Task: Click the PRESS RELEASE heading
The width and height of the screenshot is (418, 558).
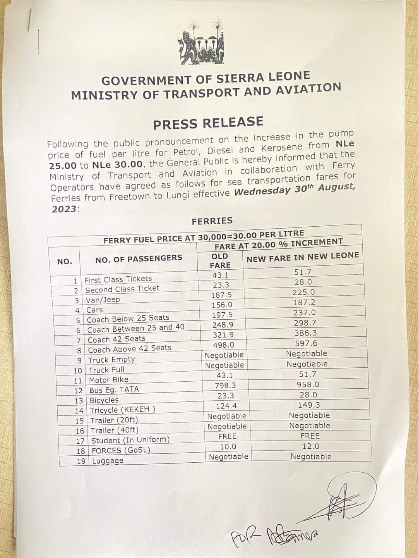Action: pyautogui.click(x=208, y=123)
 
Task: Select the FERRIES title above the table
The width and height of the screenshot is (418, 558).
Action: pyautogui.click(x=212, y=221)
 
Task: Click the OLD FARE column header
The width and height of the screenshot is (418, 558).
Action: pyautogui.click(x=220, y=261)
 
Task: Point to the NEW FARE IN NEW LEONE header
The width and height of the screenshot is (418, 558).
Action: pyautogui.click(x=303, y=257)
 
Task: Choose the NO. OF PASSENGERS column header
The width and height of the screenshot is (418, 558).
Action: pyautogui.click(x=139, y=258)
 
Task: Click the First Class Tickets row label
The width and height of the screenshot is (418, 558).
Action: pyautogui.click(x=118, y=279)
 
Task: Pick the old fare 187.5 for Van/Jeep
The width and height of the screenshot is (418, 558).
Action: pyautogui.click(x=222, y=295)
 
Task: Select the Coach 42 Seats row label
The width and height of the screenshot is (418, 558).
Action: pyautogui.click(x=116, y=339)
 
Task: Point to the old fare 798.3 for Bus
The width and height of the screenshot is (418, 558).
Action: pyautogui.click(x=225, y=386)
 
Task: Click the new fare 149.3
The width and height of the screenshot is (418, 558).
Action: pyautogui.click(x=308, y=405)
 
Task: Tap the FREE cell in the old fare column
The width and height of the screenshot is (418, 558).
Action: pyautogui.click(x=227, y=436)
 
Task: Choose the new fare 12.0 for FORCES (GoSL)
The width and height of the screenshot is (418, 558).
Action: pyautogui.click(x=311, y=446)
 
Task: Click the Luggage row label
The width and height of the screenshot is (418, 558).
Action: pyautogui.click(x=108, y=461)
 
